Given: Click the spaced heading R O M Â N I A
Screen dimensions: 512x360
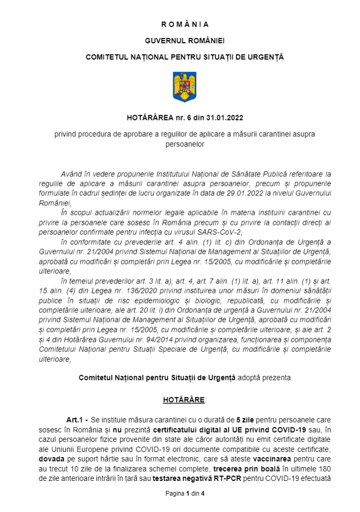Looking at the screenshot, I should coord(185,24).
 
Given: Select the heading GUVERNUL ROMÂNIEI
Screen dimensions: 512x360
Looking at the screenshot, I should coord(185,41).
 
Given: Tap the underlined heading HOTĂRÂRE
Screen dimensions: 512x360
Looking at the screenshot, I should coord(184,400).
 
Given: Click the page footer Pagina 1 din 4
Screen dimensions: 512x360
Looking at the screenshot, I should coord(185,494).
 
